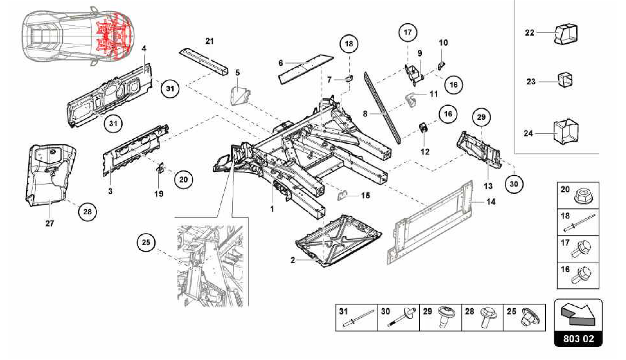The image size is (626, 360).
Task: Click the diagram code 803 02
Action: pos(578,339)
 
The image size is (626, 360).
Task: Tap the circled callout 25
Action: pos(146,242)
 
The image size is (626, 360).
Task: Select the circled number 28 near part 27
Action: pos(87,211)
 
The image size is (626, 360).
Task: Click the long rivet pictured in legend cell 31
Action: pos(358,318)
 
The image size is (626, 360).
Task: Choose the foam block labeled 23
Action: pos(565,80)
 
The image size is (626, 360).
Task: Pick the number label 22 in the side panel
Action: pos(529,33)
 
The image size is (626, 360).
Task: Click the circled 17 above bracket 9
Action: pos(408,32)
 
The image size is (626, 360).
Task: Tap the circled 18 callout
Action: pos(349,44)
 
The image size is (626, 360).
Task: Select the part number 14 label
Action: pos(491,202)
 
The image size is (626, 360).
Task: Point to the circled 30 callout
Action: pos(514,184)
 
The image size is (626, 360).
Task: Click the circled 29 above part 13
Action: pos(481,117)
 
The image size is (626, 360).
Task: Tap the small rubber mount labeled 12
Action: pos(424,128)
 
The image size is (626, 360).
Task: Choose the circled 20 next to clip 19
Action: pos(183,179)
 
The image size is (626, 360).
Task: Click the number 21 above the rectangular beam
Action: pos(209,41)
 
